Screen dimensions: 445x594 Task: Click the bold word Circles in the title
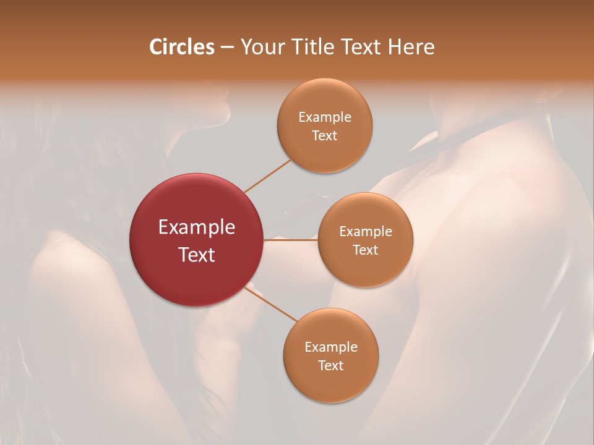182,47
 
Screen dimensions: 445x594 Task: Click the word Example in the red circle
197,227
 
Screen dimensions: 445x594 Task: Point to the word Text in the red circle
197,255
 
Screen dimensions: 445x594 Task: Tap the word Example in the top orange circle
325,117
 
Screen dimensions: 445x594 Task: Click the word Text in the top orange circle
325,136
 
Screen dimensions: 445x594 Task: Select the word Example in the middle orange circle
366,232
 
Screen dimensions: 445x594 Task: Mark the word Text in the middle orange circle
366,250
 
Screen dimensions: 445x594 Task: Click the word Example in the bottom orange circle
331,347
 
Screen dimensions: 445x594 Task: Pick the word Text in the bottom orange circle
331,366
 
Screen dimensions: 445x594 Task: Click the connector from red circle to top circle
267,176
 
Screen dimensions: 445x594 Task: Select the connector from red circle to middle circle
291,240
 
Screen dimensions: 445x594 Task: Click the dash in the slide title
227,48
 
